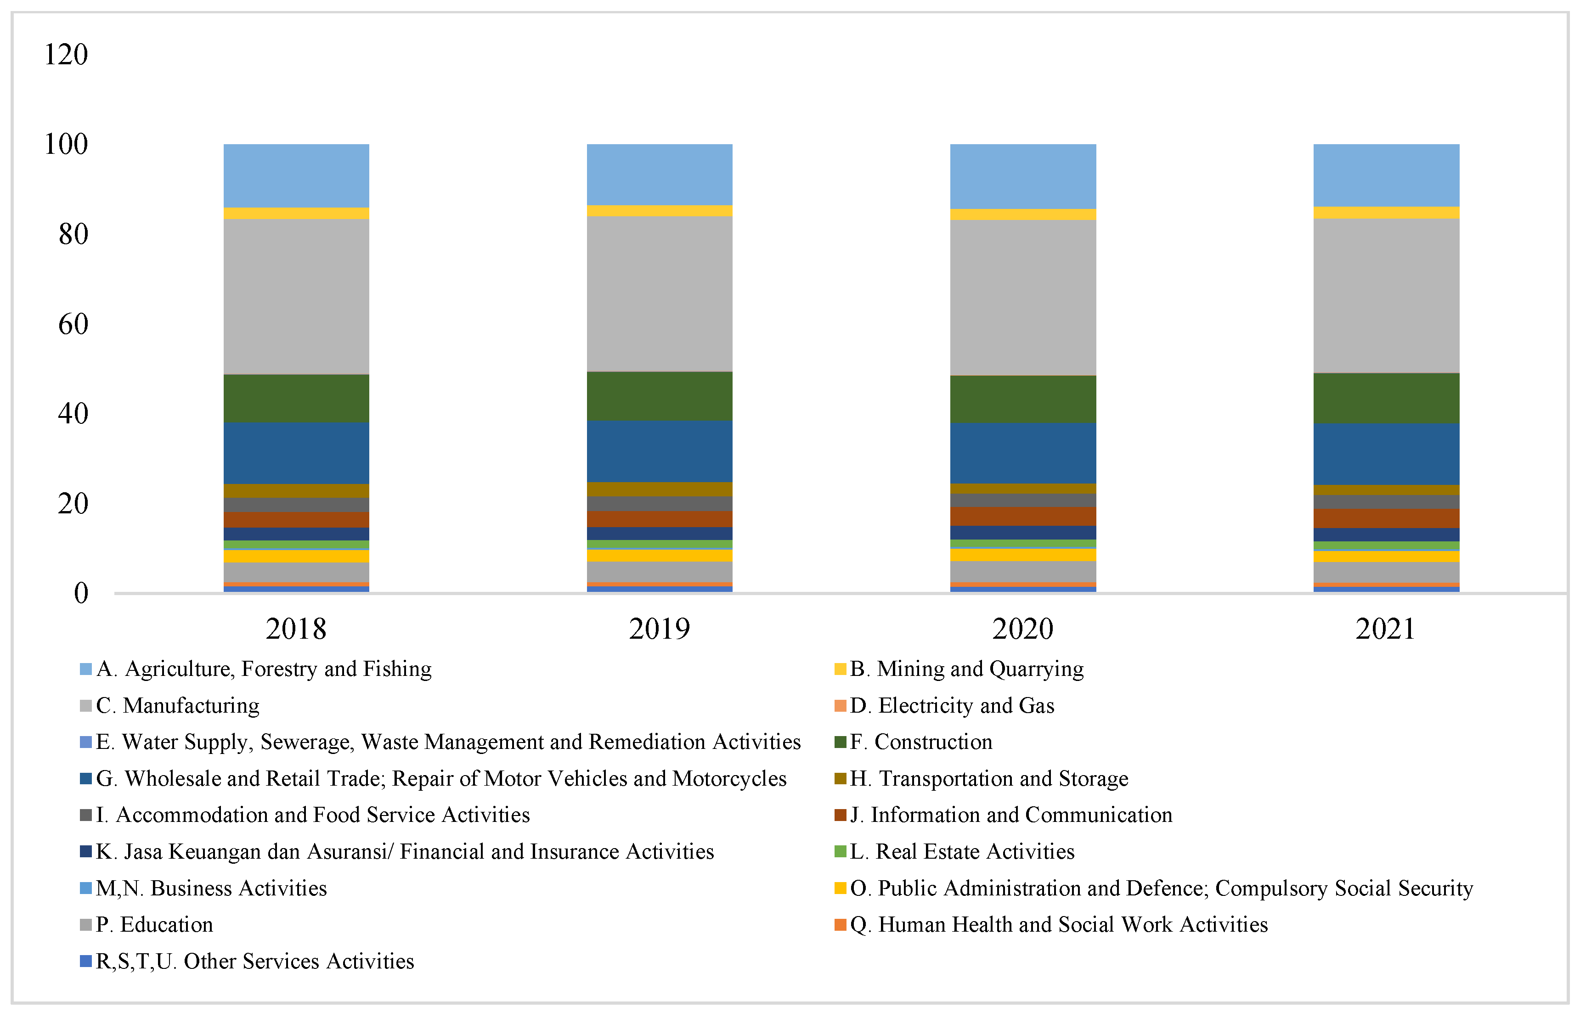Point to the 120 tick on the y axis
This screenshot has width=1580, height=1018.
pos(65,54)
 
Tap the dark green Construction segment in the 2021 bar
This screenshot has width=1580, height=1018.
pos(1386,398)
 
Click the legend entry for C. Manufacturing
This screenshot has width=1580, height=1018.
pos(177,705)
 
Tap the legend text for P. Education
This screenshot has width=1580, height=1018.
pos(154,924)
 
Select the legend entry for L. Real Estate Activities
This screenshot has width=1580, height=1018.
pos(962,851)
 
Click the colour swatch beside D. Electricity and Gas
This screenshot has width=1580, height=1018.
pos(840,705)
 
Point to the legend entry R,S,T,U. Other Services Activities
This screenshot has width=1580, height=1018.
pos(254,961)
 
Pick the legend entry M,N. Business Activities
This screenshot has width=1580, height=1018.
pos(211,888)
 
